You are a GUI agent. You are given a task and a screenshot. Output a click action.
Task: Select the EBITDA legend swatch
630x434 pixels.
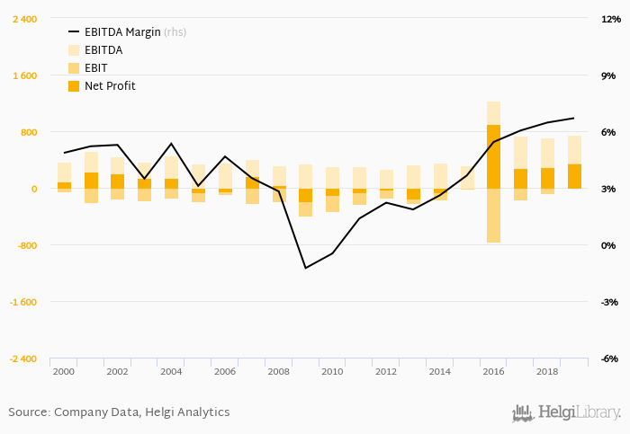tap(74, 50)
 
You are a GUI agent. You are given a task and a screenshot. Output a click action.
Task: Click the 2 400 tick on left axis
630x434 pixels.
tap(24, 19)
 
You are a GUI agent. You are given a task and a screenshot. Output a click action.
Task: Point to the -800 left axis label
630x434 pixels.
tap(24, 245)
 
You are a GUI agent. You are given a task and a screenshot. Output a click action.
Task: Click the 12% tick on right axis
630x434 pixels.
tap(608, 19)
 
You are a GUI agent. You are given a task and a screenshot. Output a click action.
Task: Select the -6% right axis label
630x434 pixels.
tap(608, 359)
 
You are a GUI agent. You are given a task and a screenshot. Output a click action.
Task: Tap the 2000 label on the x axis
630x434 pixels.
tap(64, 371)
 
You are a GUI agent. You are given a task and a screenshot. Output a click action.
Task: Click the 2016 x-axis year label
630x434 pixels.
tap(493, 371)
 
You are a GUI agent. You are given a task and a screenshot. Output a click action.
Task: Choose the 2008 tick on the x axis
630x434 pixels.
tap(279, 371)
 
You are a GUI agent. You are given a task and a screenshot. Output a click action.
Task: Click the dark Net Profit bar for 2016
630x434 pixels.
tap(493, 157)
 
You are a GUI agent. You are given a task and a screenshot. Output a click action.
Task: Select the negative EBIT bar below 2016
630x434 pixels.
tap(493, 216)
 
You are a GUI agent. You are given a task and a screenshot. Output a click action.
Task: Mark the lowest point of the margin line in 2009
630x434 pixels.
tap(306, 268)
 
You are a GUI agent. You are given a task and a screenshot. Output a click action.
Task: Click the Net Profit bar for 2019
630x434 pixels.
tap(574, 176)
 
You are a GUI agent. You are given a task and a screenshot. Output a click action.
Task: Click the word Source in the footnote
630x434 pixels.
tap(29, 412)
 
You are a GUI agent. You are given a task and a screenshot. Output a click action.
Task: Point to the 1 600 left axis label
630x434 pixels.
tap(24, 75)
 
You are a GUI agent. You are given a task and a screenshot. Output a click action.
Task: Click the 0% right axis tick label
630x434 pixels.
tap(608, 245)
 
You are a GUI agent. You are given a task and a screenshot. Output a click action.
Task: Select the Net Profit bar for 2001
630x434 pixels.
tap(91, 181)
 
